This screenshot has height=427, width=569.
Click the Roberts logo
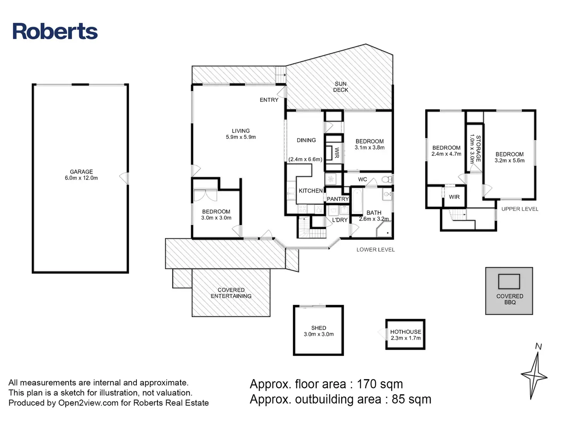coord(55,31)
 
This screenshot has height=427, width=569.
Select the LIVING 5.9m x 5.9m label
coord(240,134)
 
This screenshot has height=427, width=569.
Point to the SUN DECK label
coord(341,87)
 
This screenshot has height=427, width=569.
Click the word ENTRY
coord(269,100)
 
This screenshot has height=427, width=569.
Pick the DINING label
coord(306,140)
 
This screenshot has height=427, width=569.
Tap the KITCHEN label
coord(310,191)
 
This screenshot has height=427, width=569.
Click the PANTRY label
coord(338,199)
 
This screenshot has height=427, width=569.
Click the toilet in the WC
coord(385,179)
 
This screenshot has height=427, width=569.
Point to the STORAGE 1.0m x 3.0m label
coord(475,149)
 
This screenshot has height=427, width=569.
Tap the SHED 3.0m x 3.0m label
coord(319,331)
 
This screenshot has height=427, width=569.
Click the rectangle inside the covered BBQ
coord(509,281)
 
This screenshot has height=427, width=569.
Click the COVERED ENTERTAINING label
coord(231,293)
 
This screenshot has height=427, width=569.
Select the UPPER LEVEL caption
coord(520,209)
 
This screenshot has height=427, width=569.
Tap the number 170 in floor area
coord(367,384)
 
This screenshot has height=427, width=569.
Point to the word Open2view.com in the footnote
coord(88,403)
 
